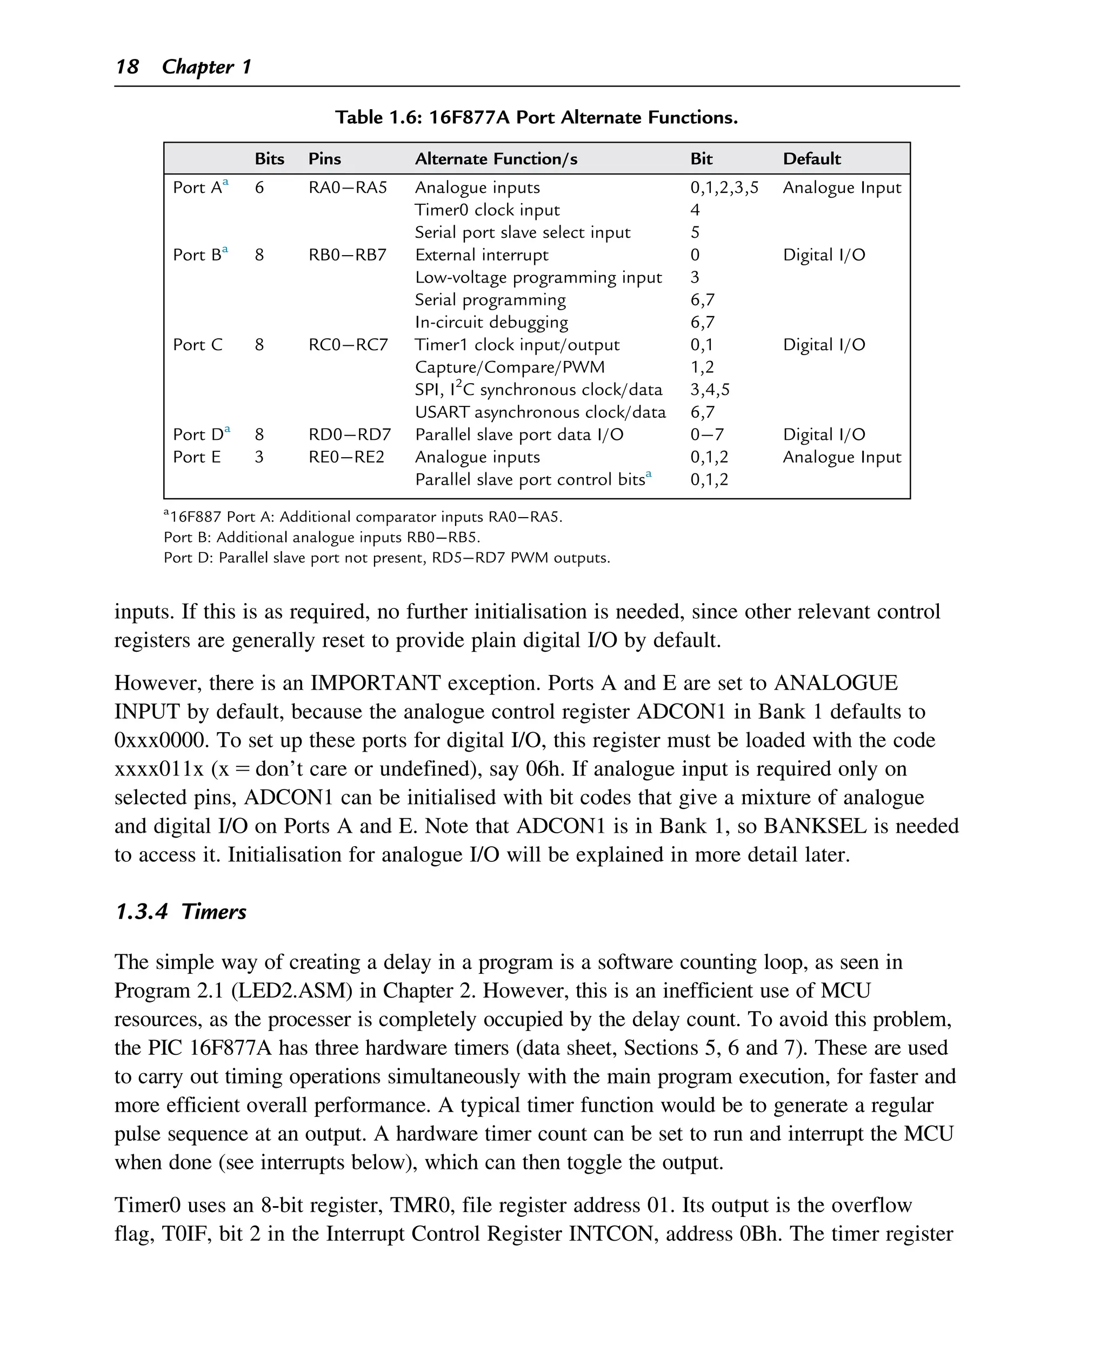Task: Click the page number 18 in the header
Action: click(127, 66)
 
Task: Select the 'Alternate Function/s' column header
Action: click(496, 159)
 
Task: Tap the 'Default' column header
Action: click(811, 159)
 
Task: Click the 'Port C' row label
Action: click(198, 345)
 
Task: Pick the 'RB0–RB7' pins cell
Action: click(348, 255)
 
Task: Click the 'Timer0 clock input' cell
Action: click(486, 210)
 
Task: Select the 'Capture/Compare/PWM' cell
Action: click(510, 367)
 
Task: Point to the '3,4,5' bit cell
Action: click(710, 390)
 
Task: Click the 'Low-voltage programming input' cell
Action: click(538, 277)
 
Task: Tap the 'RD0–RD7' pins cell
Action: click(349, 435)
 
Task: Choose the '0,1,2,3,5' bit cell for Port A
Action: click(724, 188)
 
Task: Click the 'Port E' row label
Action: click(196, 457)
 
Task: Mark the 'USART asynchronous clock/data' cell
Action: click(540, 412)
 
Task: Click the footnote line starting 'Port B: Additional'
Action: click(322, 538)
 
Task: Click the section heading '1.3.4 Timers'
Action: click(181, 911)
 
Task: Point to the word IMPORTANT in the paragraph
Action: click(375, 683)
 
